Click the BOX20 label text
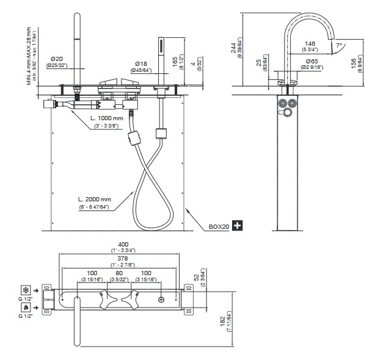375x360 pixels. coord(219,226)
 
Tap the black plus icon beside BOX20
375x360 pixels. coord(236,226)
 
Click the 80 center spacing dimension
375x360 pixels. coord(118,273)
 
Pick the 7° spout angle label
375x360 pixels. coord(338,45)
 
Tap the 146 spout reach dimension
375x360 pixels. coord(310,44)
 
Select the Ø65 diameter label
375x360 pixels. coord(311,62)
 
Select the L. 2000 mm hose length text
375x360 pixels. coord(95,200)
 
